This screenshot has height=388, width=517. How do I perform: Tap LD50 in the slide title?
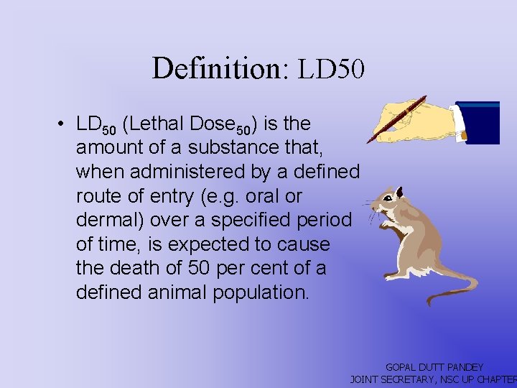(x=332, y=69)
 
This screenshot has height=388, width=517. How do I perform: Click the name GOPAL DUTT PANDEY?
(x=434, y=367)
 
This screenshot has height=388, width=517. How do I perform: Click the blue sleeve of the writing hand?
(x=478, y=122)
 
